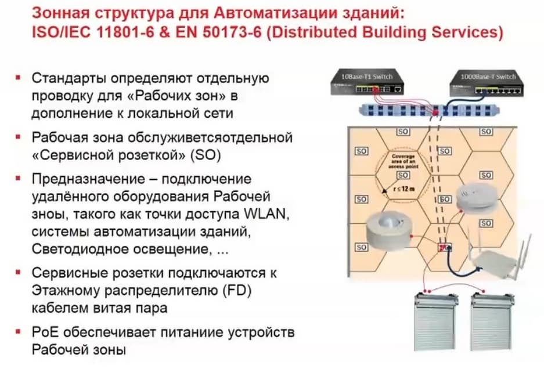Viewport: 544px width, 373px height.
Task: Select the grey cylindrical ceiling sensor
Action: coord(388,231)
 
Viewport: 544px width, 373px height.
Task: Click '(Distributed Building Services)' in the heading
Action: coord(383,32)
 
